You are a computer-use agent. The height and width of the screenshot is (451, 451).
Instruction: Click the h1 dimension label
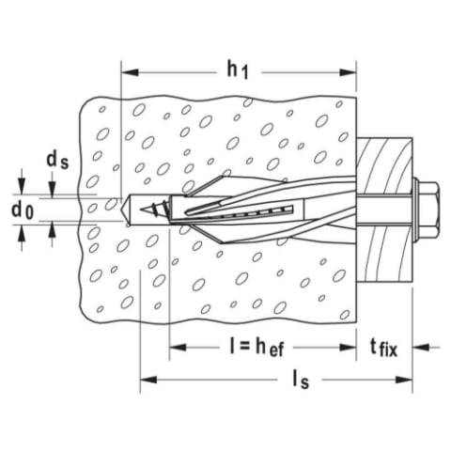click(x=238, y=70)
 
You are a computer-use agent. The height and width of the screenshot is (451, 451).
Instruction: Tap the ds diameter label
click(x=57, y=161)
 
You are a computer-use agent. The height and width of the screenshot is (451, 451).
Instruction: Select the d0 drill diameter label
click(x=22, y=210)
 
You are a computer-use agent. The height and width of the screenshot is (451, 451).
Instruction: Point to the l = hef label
click(x=257, y=348)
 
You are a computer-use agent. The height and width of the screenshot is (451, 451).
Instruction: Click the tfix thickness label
click(x=383, y=348)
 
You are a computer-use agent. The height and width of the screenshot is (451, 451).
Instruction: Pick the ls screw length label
click(x=301, y=381)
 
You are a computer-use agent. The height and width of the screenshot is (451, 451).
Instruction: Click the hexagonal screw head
click(x=428, y=209)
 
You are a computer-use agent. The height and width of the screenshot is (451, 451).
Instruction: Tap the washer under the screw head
click(x=415, y=209)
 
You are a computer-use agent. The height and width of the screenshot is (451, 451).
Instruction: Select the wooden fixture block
click(x=384, y=210)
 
